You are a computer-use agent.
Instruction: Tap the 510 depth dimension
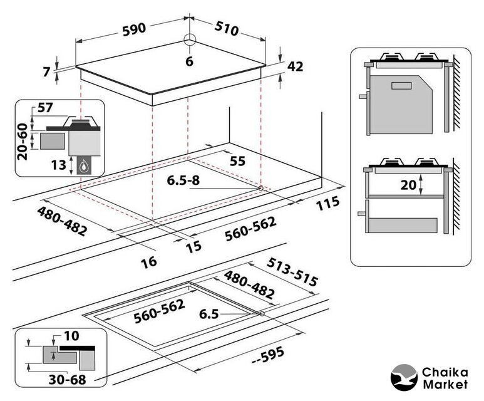click(230, 28)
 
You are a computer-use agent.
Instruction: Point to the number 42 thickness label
click(294, 66)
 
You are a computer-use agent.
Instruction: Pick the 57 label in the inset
click(44, 108)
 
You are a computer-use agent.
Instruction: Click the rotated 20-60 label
click(23, 142)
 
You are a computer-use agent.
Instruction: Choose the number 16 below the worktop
click(148, 262)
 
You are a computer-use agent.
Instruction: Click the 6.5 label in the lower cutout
click(209, 315)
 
